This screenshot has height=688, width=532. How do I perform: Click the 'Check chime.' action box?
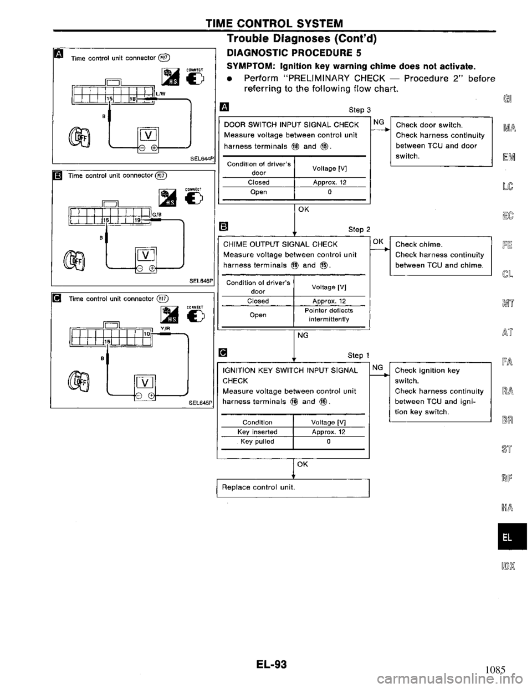click(441, 255)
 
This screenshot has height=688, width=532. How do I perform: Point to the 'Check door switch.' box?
click(441, 141)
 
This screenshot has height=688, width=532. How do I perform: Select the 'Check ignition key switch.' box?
click(441, 390)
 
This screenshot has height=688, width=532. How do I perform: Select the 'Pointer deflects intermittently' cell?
click(329, 315)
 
